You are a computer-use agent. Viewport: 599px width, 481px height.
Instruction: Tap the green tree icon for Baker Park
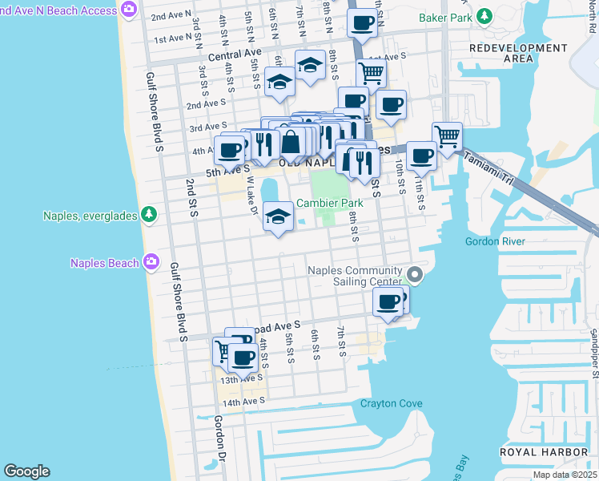484,17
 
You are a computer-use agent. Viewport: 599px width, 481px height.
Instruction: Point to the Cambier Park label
330,204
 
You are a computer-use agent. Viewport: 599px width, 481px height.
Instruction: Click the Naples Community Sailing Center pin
415,275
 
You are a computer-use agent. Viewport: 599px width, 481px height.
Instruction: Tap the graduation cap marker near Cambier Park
278,216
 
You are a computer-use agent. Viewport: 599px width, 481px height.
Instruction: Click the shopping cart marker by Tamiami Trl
447,136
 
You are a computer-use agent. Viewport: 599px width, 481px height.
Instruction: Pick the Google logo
26,471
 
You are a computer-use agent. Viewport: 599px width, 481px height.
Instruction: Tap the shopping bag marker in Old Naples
291,143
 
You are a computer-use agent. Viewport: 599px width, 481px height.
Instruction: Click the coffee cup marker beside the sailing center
388,302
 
